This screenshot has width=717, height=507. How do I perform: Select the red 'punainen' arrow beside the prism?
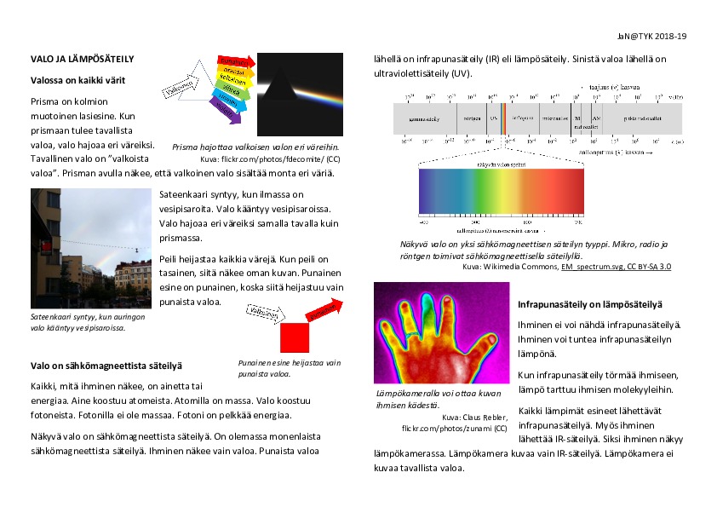(x=234, y=62)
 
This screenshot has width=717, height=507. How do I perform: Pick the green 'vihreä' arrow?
(x=231, y=87)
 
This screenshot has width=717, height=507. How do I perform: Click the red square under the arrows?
(x=294, y=337)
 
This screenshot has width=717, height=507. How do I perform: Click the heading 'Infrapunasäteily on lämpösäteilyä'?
(x=591, y=305)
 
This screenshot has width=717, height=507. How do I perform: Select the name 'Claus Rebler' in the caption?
(x=482, y=417)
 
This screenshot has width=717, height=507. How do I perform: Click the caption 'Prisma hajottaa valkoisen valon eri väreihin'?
(x=256, y=147)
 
